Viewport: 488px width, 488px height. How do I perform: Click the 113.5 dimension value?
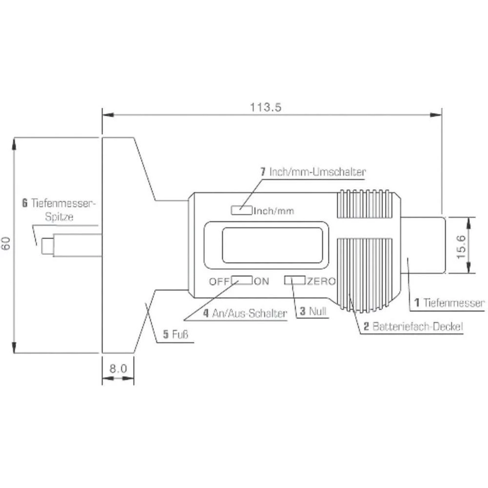pos(266,107)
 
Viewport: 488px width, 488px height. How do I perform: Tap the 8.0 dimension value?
pos(118,368)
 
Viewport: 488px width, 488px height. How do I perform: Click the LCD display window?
pos(265,245)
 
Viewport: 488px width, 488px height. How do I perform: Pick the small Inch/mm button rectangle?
pos(242,210)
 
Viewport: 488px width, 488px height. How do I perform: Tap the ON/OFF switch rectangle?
pos(242,280)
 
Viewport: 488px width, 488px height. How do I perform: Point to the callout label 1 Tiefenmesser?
pos(449,303)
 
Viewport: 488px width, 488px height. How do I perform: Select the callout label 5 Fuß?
pos(175,335)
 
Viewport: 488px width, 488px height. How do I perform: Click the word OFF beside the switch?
pos(220,281)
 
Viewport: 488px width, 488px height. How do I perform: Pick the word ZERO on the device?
pos(321,281)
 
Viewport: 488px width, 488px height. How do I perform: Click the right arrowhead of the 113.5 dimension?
pos(436,115)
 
